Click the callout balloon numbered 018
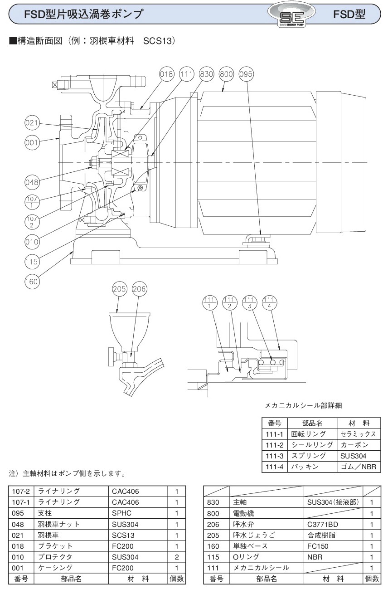[x=167, y=73]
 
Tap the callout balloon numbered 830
[x=206, y=73]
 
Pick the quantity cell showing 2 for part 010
[x=177, y=557]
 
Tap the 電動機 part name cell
[x=266, y=513]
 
